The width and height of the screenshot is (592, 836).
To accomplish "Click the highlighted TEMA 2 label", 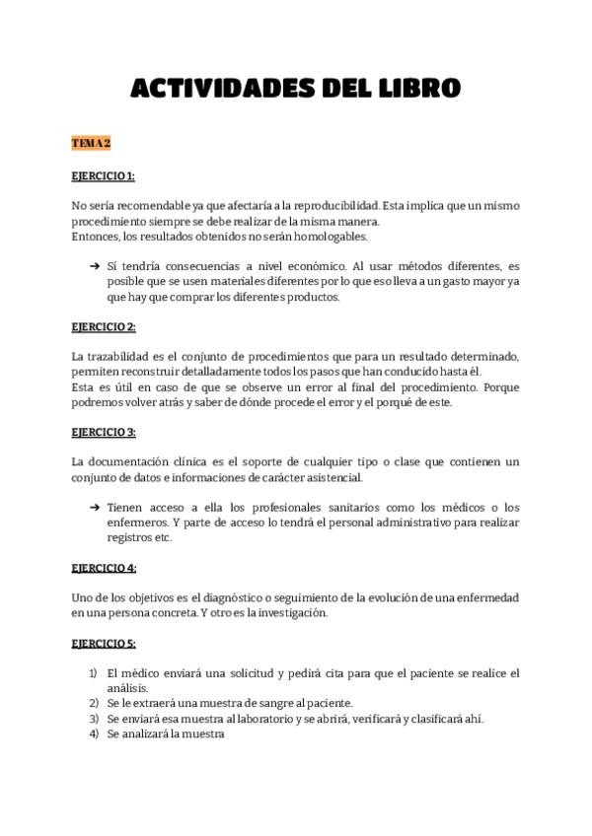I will (x=91, y=144).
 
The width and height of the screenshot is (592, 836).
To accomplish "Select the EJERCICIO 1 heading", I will (x=103, y=176).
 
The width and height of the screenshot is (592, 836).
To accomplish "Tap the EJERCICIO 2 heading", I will (x=104, y=326).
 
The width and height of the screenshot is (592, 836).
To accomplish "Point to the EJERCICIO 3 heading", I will (x=104, y=432).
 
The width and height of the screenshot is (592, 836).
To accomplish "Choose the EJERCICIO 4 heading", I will (x=104, y=568).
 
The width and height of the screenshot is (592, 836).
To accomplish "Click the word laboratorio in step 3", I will (x=259, y=719).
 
